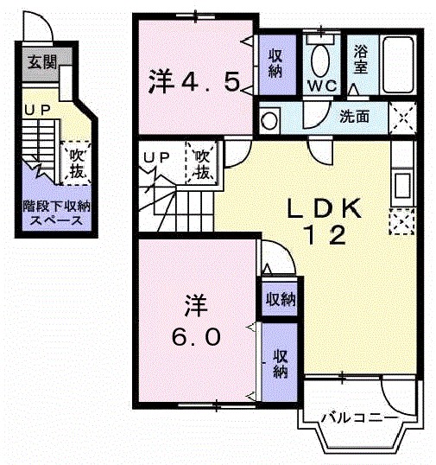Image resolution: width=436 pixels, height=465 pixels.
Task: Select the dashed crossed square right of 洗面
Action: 401,115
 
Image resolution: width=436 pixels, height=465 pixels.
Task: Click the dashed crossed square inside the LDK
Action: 401,222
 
